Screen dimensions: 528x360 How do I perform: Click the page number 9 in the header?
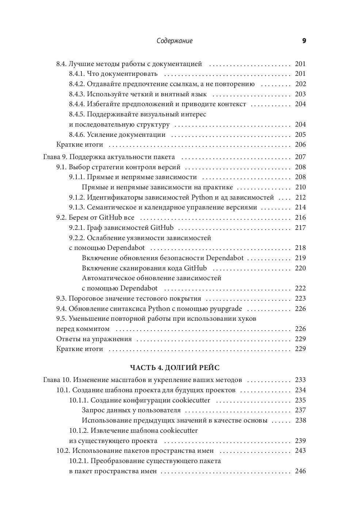coord(304,41)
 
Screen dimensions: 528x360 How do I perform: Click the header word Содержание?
coord(175,41)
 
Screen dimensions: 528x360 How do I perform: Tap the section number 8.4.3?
coord(77,94)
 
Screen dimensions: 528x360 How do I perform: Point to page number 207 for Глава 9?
coord(300,157)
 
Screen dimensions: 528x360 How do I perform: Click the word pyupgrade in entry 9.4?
coord(226,309)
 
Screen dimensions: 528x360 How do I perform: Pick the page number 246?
coord(300,471)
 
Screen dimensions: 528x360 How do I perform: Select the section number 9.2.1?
coord(77,228)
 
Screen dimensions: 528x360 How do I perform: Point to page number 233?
coord(300,380)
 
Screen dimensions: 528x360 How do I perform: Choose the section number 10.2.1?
coord(78,461)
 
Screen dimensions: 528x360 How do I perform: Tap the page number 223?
coord(300,298)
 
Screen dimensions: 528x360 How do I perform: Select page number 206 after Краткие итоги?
coord(300,144)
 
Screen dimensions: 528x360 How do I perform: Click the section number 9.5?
coord(61,319)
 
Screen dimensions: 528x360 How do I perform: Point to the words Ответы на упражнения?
coord(94,339)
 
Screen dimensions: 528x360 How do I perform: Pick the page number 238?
coord(300,420)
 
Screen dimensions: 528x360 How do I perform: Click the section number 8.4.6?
coord(77,135)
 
